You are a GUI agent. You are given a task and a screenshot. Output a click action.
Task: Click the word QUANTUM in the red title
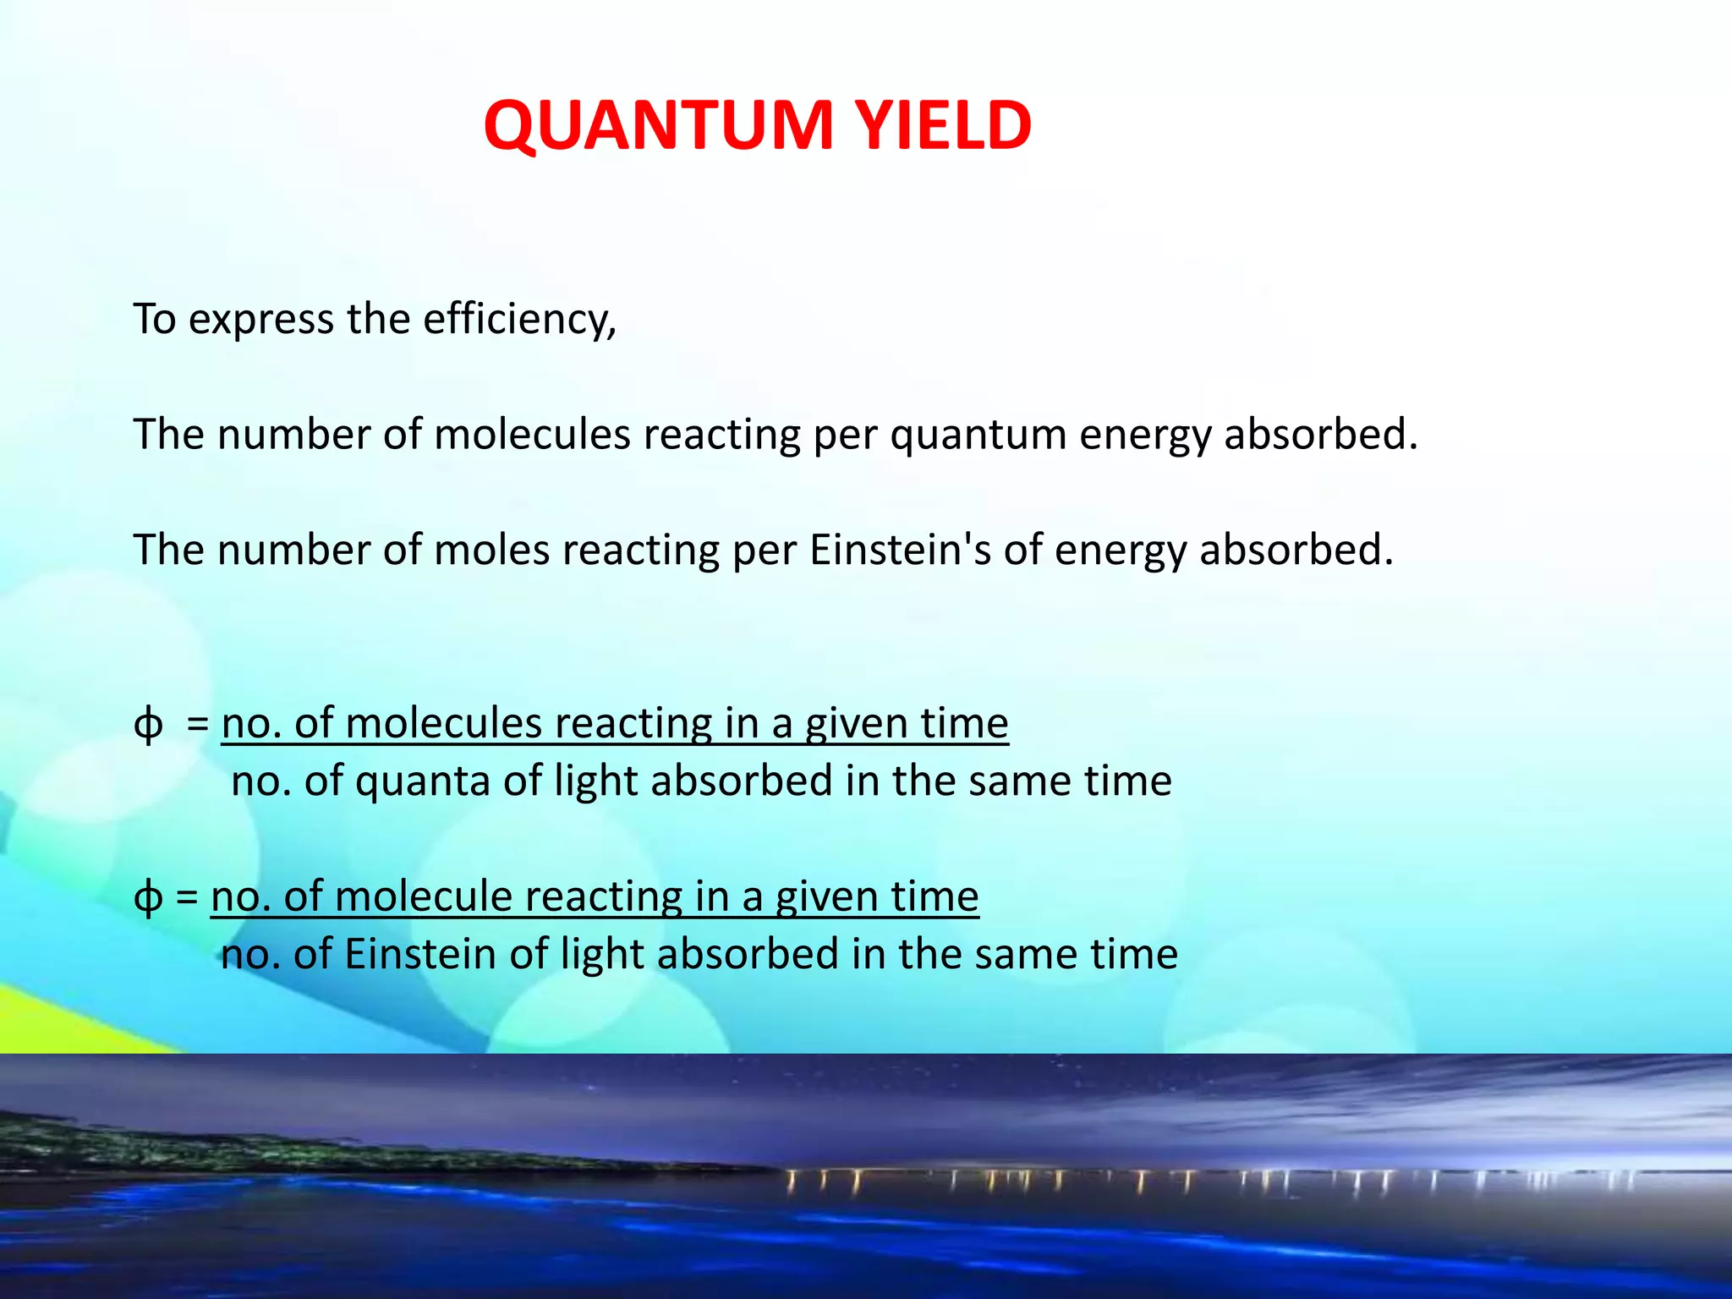click(658, 126)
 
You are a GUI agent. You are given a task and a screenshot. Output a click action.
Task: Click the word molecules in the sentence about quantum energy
click(532, 435)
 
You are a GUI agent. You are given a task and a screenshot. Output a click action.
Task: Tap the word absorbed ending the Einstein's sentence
click(1296, 551)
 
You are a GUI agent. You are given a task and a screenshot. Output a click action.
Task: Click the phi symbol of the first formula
click(149, 726)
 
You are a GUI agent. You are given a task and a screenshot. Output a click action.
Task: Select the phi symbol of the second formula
click(149, 898)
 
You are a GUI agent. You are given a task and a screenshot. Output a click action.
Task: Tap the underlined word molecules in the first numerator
click(443, 724)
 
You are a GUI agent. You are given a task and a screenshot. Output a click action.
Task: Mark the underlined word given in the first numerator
click(855, 726)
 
